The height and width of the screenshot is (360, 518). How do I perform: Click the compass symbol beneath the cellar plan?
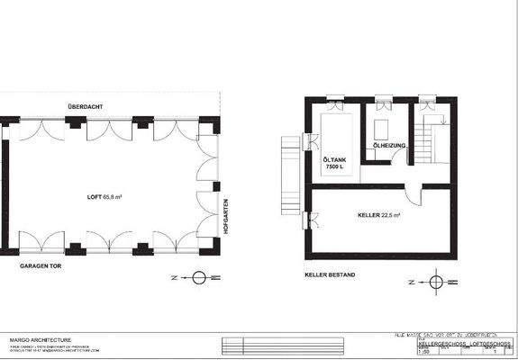pos(436,283)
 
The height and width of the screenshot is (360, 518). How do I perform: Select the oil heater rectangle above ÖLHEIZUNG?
pos(383,127)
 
